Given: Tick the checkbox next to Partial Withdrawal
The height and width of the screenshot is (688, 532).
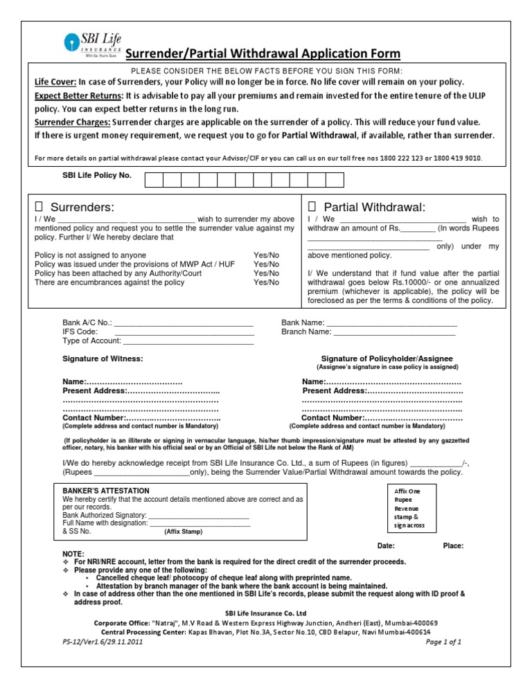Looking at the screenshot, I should (312, 207).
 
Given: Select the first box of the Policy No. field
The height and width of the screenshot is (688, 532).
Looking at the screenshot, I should (154, 180).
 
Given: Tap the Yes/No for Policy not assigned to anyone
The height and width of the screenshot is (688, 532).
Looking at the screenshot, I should (267, 255).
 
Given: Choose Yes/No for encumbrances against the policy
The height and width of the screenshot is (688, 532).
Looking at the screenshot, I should (267, 282).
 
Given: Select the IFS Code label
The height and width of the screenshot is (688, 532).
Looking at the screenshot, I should (80, 332).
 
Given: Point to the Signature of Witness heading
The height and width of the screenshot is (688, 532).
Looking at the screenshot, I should (103, 359).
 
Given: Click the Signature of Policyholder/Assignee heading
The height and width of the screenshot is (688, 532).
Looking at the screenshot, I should (387, 359).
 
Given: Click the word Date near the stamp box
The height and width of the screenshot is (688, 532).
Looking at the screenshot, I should (386, 546).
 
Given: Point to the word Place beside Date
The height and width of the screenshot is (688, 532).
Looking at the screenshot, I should (453, 546).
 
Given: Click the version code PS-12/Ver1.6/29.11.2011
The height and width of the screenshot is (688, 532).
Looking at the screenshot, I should (102, 642).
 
